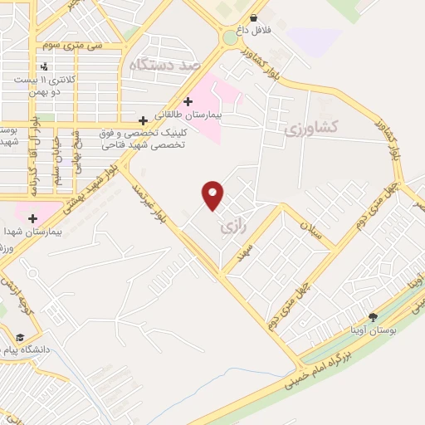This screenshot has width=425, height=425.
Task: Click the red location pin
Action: point(212,195)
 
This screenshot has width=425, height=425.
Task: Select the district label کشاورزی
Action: point(310,128)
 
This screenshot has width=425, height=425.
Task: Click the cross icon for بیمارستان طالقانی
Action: point(188,101)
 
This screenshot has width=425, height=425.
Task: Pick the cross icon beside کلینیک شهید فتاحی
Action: point(143,120)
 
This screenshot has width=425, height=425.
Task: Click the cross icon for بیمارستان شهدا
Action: point(32,219)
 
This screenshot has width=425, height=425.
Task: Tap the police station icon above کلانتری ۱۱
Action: point(43,66)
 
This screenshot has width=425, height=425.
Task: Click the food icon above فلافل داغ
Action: point(253,17)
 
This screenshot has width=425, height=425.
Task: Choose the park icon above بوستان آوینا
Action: point(373,316)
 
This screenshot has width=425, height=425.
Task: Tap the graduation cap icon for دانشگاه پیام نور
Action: point(18,338)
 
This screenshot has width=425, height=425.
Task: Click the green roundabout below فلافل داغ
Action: point(230,37)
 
